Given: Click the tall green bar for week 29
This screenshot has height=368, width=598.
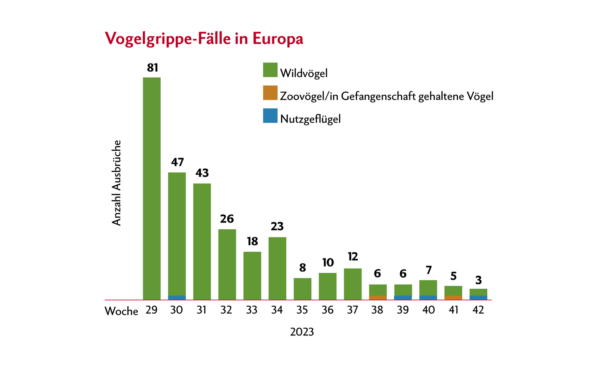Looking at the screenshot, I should coord(152,187).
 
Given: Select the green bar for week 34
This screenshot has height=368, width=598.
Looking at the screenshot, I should coord(277,267).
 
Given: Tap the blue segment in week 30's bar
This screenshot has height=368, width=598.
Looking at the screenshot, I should coord(177,298).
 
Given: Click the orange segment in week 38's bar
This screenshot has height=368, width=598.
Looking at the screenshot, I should coord(378,298).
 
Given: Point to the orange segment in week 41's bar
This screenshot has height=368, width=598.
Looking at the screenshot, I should coord(453,298).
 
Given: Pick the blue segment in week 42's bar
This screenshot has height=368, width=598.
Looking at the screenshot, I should coord(478,298).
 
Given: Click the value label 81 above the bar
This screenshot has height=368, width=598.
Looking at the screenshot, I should coord(152,68).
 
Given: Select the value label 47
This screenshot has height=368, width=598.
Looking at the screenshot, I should coord(178,162).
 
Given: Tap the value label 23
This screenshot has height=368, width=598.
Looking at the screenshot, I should coord(277,227).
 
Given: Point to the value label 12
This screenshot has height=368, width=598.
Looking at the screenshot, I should coord(353,257).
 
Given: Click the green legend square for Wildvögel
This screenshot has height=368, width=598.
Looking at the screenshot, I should coord(270,70).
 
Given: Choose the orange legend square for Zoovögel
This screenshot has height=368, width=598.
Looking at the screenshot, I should coord(270,93).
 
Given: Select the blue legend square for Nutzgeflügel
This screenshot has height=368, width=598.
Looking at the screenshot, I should coord(270,116).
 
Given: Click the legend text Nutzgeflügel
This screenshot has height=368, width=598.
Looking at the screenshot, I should coord(311,119).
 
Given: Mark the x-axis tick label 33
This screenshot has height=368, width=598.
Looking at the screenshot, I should coord(252,310).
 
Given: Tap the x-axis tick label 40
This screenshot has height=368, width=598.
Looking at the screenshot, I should coord(428,310).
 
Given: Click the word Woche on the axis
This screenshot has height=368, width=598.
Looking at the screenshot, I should coord(121,311).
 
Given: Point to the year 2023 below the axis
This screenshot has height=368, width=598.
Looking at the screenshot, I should coord(302,332).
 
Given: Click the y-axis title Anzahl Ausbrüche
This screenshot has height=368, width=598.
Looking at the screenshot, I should coord(117,183).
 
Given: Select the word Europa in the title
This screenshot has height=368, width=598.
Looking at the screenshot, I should coord(278,39).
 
